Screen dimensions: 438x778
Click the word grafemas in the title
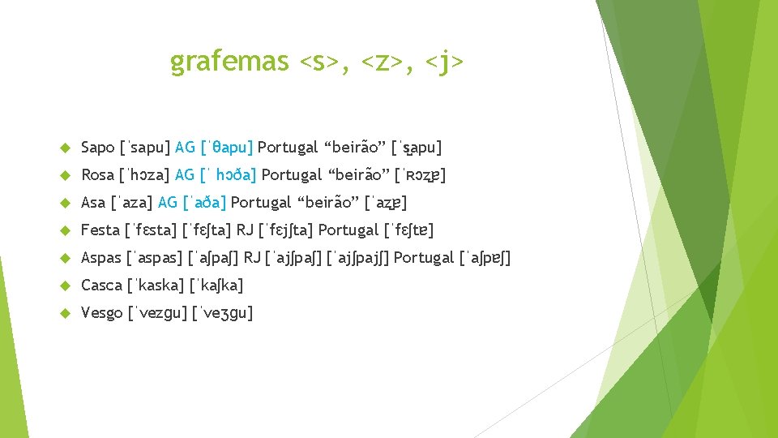click(x=229, y=61)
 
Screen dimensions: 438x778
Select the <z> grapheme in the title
click(x=381, y=61)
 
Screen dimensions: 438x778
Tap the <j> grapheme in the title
click(x=444, y=61)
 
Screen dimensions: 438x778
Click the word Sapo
click(x=98, y=148)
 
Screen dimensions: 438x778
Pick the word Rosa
click(x=98, y=175)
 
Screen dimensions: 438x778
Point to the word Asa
click(x=93, y=203)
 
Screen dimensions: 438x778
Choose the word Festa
click(x=100, y=230)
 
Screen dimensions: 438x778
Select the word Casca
click(x=102, y=286)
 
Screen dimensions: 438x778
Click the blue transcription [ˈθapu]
click(x=227, y=148)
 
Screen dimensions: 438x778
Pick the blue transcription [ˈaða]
click(x=204, y=203)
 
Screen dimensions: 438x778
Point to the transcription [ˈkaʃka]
click(x=216, y=286)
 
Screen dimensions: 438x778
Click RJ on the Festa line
click(x=244, y=230)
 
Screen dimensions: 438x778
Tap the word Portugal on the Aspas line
click(x=424, y=258)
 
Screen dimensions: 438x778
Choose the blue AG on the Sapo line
click(x=185, y=148)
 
